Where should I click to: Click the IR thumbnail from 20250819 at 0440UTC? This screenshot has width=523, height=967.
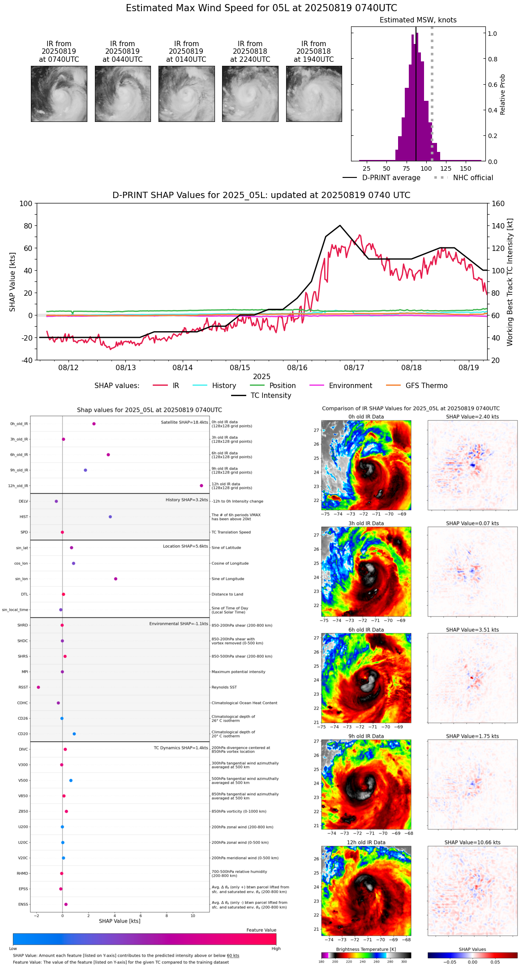coord(123,94)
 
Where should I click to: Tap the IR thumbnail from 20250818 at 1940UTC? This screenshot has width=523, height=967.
coord(314,94)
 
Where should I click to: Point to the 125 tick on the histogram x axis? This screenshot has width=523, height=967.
coord(446,168)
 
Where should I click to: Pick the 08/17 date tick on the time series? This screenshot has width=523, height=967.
coord(354,367)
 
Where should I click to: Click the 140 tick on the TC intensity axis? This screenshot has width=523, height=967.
coord(498,226)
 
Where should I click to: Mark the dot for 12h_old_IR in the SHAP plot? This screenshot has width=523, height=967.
coord(201,486)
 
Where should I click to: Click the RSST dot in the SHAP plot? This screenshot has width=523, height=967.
coord(38,687)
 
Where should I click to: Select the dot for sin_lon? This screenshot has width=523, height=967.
coord(116,579)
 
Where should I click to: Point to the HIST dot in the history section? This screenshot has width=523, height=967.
coord(110,517)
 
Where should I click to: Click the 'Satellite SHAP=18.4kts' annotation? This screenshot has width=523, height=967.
coord(184,423)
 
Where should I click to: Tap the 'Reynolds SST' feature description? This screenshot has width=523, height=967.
coord(224,687)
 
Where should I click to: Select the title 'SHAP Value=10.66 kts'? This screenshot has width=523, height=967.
coord(472,842)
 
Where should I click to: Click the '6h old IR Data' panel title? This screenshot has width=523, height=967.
coord(366,630)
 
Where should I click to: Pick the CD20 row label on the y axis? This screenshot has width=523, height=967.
coord(23,734)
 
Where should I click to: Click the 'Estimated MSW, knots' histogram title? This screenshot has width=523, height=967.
coord(418,20)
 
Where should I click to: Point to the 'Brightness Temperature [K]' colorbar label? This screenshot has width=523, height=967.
coord(366,949)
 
